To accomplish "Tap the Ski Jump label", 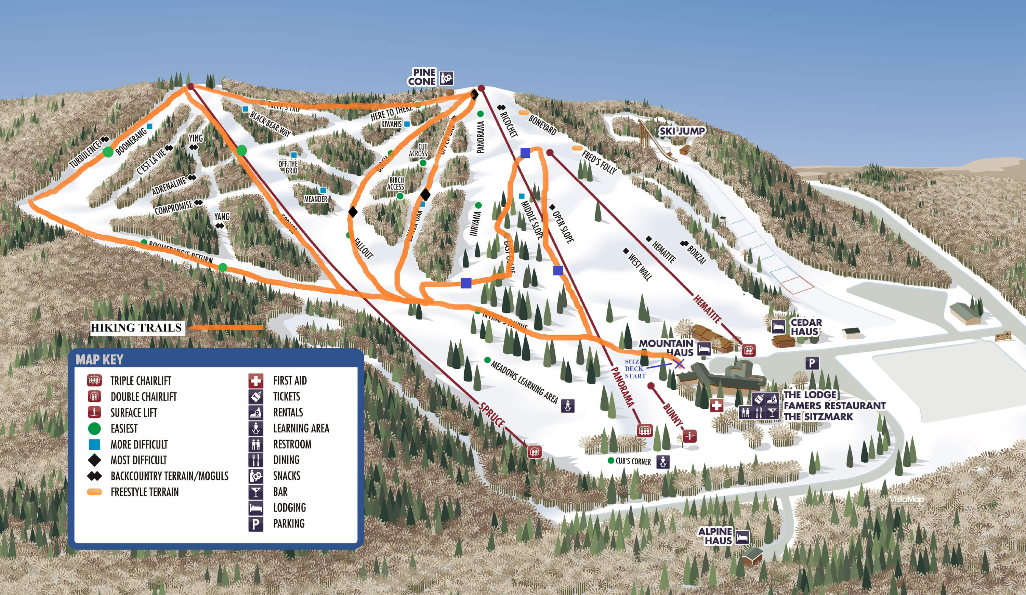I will point(682,131).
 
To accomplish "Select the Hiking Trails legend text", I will point(136,328).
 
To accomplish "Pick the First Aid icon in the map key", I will point(256,381).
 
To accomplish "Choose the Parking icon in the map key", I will point(256,524).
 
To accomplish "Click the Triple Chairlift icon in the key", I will point(94,381).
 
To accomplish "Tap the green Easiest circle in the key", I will point(94,428).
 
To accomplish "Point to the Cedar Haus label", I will point(806,327).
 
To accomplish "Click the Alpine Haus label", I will point(715,536).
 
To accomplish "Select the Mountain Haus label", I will point(666,348).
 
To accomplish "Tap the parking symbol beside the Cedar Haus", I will point(812,363).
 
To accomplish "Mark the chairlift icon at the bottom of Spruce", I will point(535,452).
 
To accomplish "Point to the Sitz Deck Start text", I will point(635,369).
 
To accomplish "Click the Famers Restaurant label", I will point(834,406).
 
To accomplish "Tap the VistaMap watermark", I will point(907,500).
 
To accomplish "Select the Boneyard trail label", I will point(542,125).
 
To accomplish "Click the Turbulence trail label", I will point(85,154).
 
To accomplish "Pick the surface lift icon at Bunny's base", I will point(689,436).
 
